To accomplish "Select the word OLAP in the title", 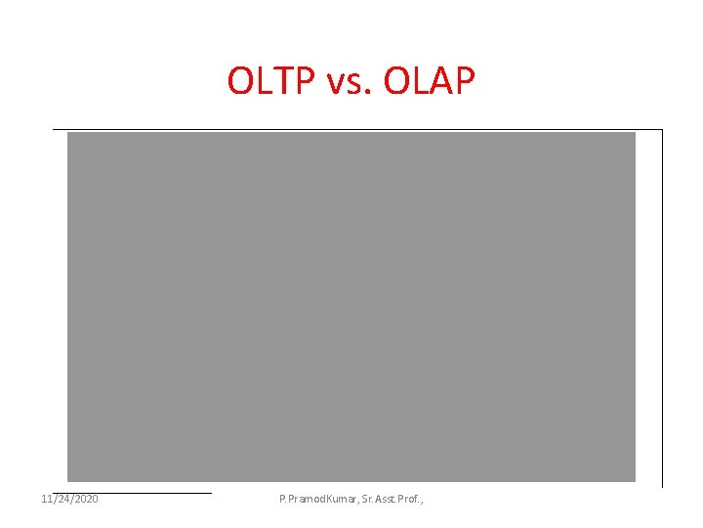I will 430,81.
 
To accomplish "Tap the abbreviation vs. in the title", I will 348,83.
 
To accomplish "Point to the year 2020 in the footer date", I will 84,500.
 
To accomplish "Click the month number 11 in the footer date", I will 48,500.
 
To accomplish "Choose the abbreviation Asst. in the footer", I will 393,500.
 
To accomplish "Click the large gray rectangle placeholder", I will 351,307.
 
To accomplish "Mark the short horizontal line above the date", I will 132,493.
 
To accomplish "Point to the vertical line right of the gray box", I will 662,308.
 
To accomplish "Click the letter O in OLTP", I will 240,81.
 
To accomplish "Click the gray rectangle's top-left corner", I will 67,133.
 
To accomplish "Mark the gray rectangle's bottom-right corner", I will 635,481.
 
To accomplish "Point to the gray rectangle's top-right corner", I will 635,133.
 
